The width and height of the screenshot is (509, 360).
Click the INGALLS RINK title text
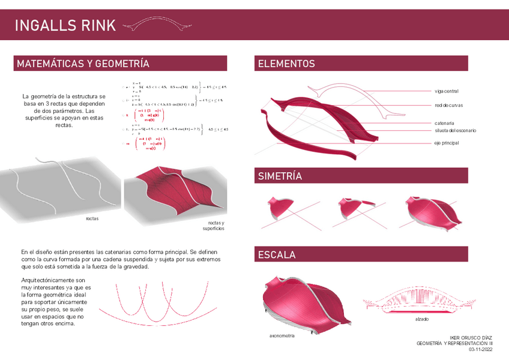pyautogui.click(x=64, y=25)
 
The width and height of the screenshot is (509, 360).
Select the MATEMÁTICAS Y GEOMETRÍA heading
pyautogui.click(x=83, y=64)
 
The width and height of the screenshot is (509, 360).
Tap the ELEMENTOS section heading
pyautogui.click(x=286, y=64)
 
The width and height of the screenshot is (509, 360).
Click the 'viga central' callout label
pyautogui.click(x=446, y=91)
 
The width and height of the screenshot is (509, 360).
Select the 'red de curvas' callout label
pyautogui.click(x=448, y=106)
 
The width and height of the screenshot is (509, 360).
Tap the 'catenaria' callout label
pyautogui.click(x=444, y=123)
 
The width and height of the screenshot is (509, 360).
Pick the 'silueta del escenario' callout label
pyautogui.click(x=455, y=130)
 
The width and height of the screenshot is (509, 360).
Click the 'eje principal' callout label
pyautogui.click(x=447, y=143)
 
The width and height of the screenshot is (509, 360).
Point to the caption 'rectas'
pyautogui.click(x=92, y=219)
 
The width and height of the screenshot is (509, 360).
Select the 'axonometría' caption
pyautogui.click(x=282, y=336)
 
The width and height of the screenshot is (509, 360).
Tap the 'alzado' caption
pyautogui.click(x=422, y=319)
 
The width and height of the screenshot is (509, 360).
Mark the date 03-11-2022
pyautogui.click(x=480, y=349)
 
